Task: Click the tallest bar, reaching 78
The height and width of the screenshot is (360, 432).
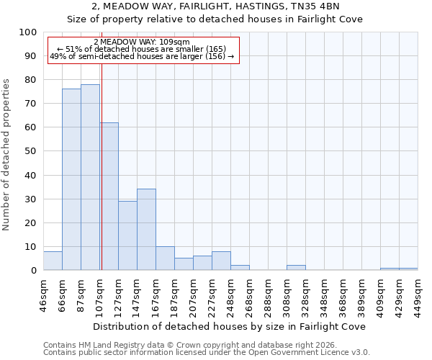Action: click(x=90, y=177)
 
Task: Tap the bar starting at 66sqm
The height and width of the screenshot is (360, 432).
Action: click(x=71, y=179)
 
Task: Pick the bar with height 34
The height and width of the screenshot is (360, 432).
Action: click(x=146, y=230)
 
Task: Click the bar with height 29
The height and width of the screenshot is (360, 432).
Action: click(x=127, y=235)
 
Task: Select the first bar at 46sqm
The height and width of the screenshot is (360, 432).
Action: click(x=53, y=261)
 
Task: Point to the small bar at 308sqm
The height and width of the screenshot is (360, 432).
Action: click(x=296, y=268)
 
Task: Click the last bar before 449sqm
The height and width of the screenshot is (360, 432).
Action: click(x=408, y=269)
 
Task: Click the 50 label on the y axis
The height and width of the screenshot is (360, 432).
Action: click(x=30, y=151)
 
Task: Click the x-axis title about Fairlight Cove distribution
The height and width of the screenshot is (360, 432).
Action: click(x=230, y=326)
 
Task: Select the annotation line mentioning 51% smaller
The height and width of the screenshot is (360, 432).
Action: click(x=142, y=49)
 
